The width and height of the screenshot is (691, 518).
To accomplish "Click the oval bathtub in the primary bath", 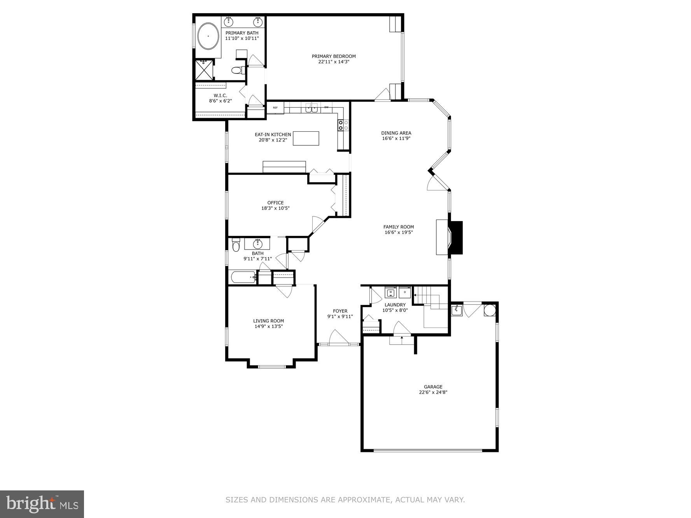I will point(208,36).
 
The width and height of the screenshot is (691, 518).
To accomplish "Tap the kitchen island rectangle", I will point(306,138).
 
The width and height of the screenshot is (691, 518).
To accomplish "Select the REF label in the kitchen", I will point(275,108).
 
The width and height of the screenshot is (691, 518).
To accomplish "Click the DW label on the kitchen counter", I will point(326,107).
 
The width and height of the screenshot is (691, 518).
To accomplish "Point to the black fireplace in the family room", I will point(455,237).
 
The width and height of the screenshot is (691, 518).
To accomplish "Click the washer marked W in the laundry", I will point(390,292).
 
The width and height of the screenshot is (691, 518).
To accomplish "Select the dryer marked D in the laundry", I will point(405,292).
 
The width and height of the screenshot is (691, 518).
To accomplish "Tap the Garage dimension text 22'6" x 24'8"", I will point(433,392).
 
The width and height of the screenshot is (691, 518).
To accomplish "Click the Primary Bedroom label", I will point(334,56).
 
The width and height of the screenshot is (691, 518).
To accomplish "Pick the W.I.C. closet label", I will point(220,96).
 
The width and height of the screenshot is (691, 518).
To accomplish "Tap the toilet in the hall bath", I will point(236,246).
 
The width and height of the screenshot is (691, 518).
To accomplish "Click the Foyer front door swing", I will point(337,337).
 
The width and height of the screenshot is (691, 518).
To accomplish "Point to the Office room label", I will point(275,203).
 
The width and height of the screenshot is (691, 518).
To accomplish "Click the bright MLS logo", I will point(42,504).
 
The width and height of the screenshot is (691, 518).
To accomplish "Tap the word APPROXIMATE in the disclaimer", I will point(363,500).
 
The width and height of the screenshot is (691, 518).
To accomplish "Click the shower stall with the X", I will point(204,70).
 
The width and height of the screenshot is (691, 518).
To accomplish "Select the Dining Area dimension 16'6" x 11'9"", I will point(396,138).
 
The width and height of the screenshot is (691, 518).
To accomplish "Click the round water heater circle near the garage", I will point(490,310).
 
